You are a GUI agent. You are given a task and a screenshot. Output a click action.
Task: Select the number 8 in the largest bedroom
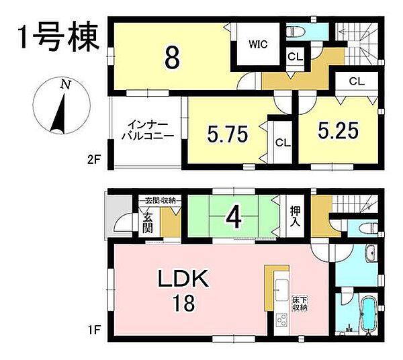click(x=172, y=59)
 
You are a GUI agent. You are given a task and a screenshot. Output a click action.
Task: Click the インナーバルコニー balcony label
click(x=147, y=130)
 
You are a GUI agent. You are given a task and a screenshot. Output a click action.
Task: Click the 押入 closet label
click(x=294, y=216)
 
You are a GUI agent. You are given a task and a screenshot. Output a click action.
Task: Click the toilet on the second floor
click(x=296, y=31)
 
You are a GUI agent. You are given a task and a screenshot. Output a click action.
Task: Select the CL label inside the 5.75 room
click(x=282, y=142)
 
